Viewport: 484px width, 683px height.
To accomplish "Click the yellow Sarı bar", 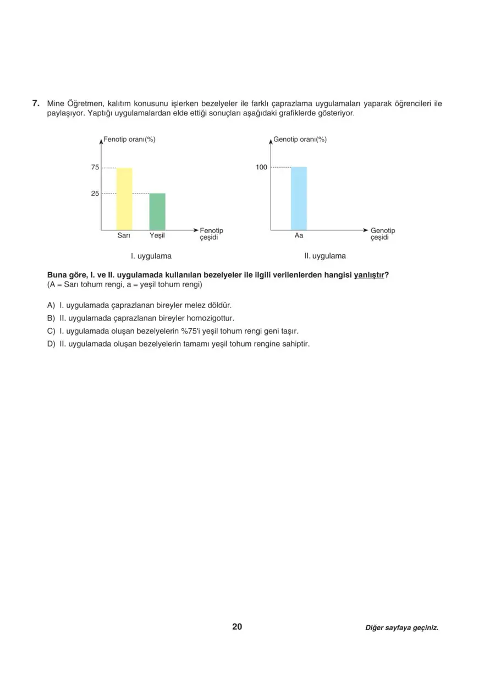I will click(x=124, y=199).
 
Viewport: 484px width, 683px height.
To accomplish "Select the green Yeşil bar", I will click(x=157, y=211).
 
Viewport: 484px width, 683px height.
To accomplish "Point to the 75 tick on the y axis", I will click(x=95, y=167).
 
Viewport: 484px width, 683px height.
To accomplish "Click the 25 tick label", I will click(x=95, y=194).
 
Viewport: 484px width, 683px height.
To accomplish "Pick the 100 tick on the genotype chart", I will click(x=261, y=167).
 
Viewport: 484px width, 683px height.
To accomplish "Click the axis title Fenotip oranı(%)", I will click(x=129, y=140).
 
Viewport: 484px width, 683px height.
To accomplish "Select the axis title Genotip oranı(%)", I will click(x=300, y=140).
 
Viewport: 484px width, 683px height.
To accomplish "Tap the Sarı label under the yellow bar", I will click(x=124, y=235).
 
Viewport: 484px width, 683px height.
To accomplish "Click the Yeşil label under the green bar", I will click(x=157, y=235).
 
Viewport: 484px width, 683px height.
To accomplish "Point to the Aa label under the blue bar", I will click(x=299, y=235).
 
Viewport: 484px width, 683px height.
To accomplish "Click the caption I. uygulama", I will click(x=151, y=256).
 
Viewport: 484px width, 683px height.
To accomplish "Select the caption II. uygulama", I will click(x=325, y=256).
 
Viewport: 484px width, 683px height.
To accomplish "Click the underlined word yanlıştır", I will click(x=369, y=275).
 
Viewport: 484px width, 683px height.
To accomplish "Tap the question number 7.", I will click(x=35, y=103).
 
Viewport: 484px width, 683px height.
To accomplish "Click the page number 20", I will click(x=237, y=626).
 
